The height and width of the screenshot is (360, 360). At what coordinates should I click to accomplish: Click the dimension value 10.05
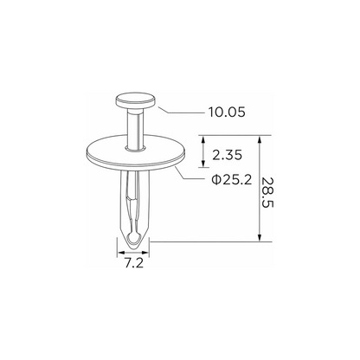tap(227, 112)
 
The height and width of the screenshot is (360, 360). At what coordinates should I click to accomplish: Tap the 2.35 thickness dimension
tap(227, 155)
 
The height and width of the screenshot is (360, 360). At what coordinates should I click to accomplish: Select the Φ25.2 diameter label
tap(232, 180)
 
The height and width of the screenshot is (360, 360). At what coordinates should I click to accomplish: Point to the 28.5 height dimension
tap(267, 192)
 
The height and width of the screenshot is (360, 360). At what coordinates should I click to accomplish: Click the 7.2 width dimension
tap(134, 263)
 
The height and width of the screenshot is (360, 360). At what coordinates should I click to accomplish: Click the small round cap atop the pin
tap(136, 100)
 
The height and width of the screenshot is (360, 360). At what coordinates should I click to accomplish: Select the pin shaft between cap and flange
tap(135, 127)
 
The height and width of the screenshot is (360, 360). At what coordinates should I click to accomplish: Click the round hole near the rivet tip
tap(133, 238)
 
